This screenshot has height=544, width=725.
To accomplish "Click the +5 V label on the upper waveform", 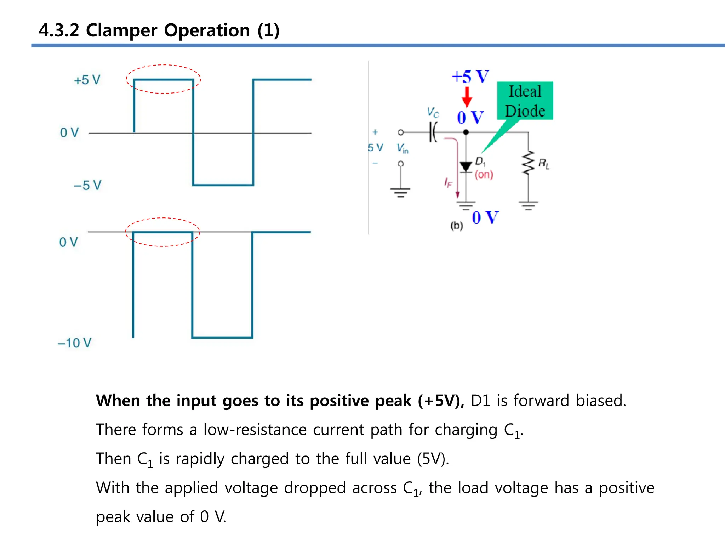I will [87, 80].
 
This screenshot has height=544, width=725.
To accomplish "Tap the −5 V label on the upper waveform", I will [87, 185].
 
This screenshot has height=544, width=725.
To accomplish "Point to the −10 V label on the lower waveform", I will [75, 343].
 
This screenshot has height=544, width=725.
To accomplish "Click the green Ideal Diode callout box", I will [525, 101].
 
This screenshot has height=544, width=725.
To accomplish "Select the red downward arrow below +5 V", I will [467, 97].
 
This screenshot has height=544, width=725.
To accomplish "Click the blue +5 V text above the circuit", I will [470, 77].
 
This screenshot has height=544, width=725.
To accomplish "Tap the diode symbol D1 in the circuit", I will [466, 166].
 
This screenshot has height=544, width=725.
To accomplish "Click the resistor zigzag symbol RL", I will [528, 163].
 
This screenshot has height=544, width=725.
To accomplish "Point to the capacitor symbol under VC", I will [433, 132].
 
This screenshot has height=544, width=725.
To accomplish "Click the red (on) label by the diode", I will [484, 175].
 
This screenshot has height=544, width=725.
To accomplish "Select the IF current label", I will [448, 182].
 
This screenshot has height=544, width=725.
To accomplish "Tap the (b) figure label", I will [457, 226].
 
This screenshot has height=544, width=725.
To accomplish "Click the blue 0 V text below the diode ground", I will [485, 218].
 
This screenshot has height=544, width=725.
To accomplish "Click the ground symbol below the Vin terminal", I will [400, 192].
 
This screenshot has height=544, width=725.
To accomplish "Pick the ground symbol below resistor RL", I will [529, 205].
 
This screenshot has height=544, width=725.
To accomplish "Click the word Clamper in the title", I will [121, 30].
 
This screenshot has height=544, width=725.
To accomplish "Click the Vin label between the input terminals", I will [403, 148].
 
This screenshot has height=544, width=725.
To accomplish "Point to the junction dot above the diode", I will [466, 132].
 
